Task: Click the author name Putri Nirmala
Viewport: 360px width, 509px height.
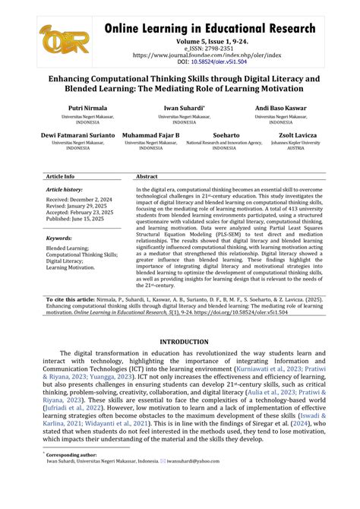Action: [x=87, y=109]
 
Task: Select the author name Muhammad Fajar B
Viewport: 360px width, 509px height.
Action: [x=152, y=134]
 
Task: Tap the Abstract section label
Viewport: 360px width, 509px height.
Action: [x=147, y=175]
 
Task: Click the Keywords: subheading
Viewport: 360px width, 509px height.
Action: [x=58, y=238]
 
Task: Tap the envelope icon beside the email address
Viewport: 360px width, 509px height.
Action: [x=163, y=460]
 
